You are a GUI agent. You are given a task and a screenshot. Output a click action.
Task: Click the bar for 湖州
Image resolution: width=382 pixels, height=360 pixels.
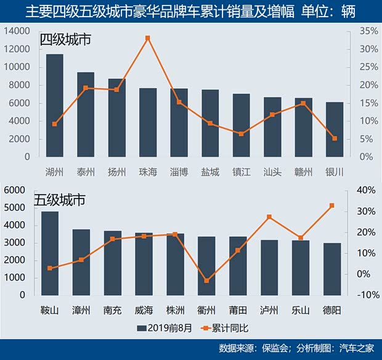tap(55, 105)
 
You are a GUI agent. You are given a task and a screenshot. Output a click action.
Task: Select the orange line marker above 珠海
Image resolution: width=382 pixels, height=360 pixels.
tap(148, 38)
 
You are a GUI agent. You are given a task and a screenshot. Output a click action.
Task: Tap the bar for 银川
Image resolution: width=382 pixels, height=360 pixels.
tap(335, 129)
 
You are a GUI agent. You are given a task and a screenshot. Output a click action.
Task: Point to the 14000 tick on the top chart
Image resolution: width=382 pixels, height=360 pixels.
tap(18, 31)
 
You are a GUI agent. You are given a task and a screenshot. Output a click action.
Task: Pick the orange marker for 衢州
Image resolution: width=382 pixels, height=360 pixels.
tap(207, 280)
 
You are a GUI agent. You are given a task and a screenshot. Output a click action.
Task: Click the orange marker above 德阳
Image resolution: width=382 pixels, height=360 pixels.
tap(332, 205)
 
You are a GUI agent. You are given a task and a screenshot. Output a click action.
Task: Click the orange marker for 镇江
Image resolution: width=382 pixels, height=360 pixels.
tap(241, 134)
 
